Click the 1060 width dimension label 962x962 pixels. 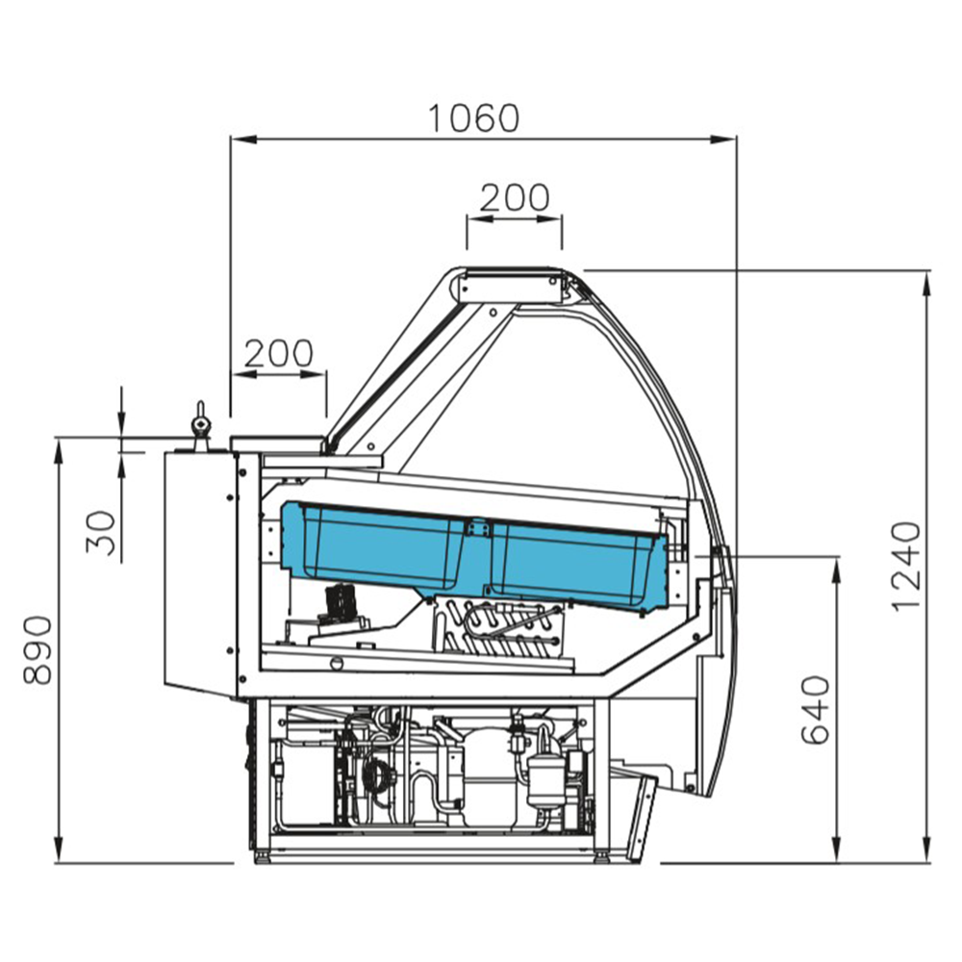[x=473, y=118]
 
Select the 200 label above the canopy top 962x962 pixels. [x=515, y=197]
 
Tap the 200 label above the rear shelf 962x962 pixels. [x=279, y=353]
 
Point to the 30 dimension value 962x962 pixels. [x=101, y=533]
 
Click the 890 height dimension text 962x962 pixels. [x=38, y=650]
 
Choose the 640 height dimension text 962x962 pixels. [x=817, y=710]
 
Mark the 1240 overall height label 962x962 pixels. [x=906, y=567]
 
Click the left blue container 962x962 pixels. [x=375, y=545]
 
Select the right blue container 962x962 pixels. [x=576, y=565]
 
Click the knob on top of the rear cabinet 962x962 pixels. [x=199, y=424]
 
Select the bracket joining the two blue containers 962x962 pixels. [x=477, y=527]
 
